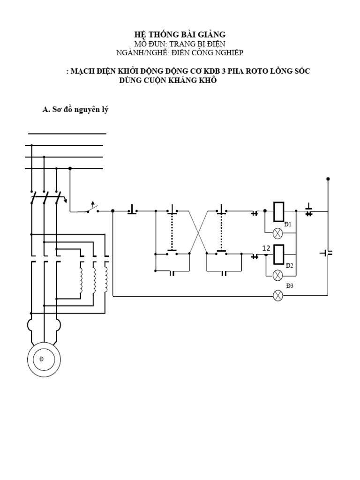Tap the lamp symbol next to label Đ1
point(278,232)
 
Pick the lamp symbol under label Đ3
point(278,295)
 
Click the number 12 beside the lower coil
point(266,248)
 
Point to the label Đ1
point(288,225)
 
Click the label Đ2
point(289,265)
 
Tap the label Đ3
point(289,285)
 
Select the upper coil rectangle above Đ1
point(278,211)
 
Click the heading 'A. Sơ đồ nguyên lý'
point(75,110)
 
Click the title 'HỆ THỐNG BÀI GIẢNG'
point(180,34)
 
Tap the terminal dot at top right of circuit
point(328,179)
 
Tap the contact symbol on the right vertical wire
point(327,253)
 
